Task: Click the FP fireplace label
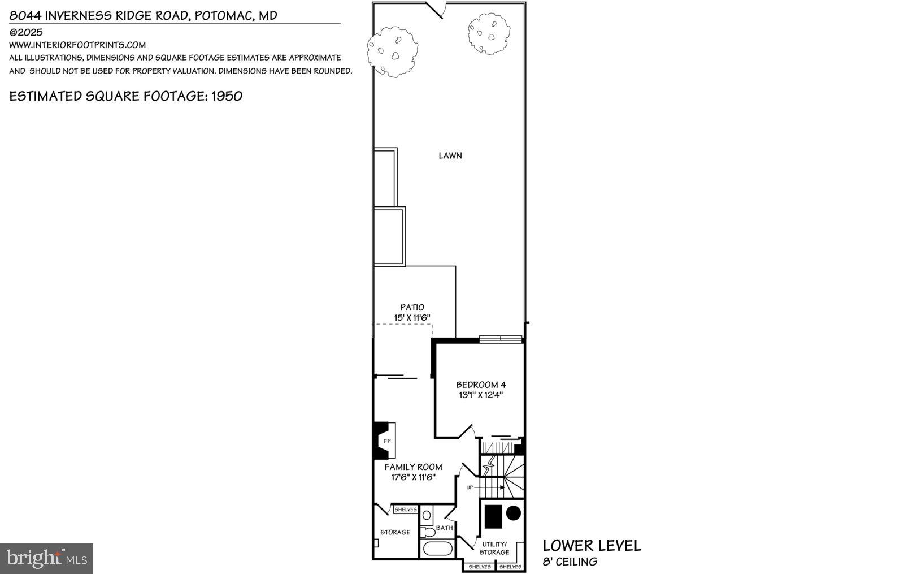click(x=387, y=441)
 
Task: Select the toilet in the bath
click(x=428, y=532)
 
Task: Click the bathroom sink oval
click(x=427, y=515)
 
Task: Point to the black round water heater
click(x=513, y=513)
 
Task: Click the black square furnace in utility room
click(x=493, y=515)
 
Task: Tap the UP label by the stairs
click(x=470, y=487)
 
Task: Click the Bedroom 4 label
click(x=481, y=385)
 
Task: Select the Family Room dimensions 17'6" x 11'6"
click(x=413, y=477)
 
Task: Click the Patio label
click(x=412, y=308)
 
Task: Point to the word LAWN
click(x=450, y=156)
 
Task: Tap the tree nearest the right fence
click(x=489, y=34)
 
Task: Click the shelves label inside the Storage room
click(x=405, y=510)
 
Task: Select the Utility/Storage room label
click(x=494, y=548)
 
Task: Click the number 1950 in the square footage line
click(x=227, y=96)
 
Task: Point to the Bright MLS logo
click(x=47, y=559)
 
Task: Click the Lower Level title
click(x=592, y=546)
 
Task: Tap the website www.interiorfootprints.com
click(x=77, y=45)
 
